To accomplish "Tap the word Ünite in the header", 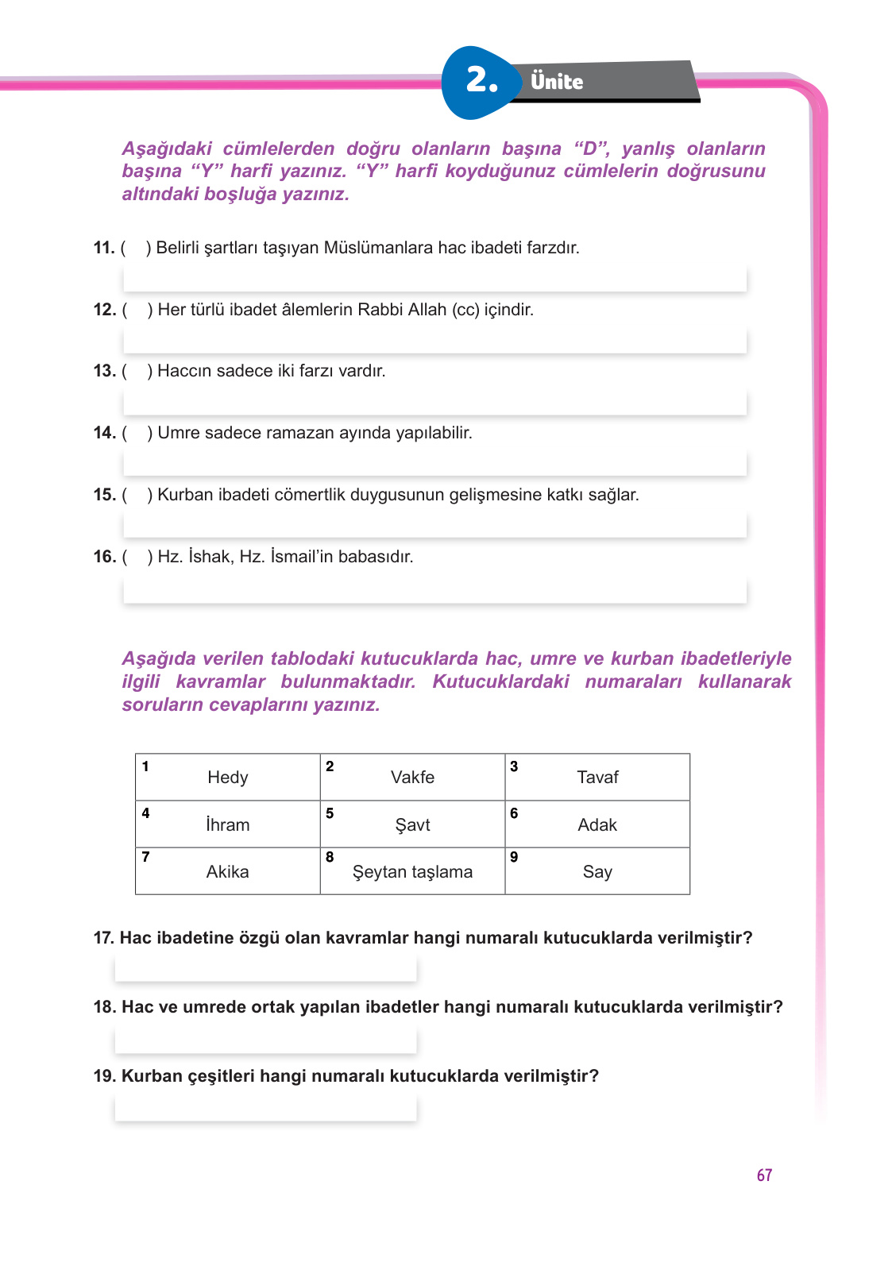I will pos(557,82).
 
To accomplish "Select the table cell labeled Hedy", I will pos(228,778).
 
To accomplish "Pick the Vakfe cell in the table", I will pos(412,778).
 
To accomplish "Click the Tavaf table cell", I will pos(597,778).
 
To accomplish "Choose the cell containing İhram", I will pos(228,824).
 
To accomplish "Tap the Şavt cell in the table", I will pos(412,824).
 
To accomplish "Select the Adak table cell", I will pos(597,824).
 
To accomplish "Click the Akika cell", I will pos(228,871).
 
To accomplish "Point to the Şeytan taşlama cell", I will pos(412,871).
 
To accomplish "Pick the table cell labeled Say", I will pos(597,871).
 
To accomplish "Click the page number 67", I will pos(764,1175).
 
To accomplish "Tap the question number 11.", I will pos(104,248).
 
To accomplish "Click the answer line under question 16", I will pos(434,591).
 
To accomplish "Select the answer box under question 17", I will pos(265,969).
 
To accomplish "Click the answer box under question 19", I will pos(265,1108).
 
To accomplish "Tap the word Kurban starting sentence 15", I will pos(185,495).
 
